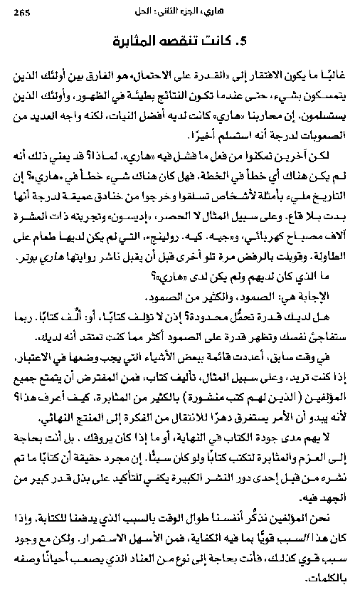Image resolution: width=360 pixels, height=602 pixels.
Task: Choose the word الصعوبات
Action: (322, 134)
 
